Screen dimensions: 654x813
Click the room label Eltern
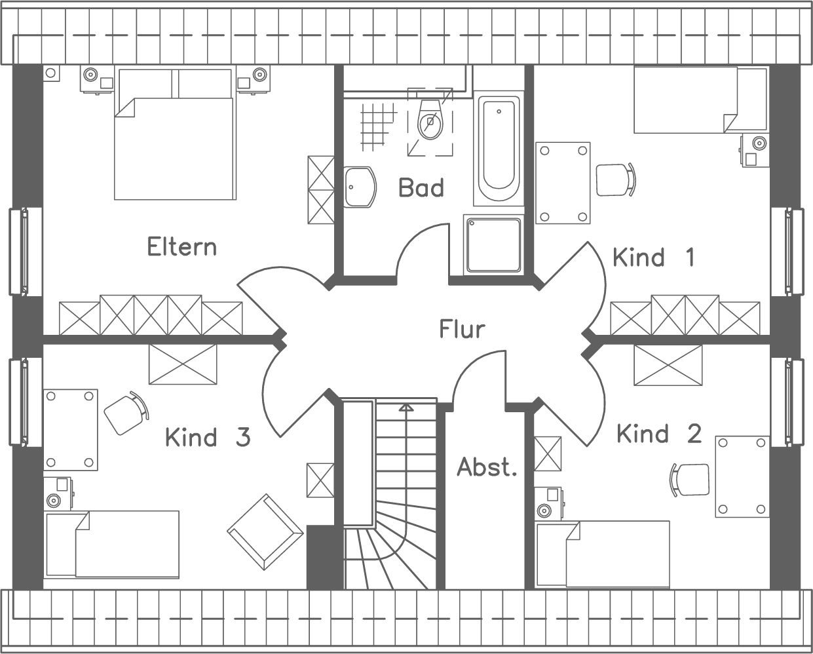pos(181,247)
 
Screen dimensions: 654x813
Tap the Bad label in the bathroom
pos(421,188)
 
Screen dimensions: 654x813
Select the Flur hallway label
pos(462,329)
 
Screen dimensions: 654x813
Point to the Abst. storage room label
pos(487,467)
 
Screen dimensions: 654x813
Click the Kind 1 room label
pos(653,258)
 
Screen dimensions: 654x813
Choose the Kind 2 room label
pos(658,434)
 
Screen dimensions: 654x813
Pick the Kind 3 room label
pos(207,437)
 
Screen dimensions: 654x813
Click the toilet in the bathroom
pos(430,120)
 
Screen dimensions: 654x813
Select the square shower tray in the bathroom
pos(493,244)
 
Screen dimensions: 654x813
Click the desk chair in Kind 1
pos(615,178)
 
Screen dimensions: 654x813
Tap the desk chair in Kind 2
pos(690,480)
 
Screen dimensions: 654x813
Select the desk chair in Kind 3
pos(124,413)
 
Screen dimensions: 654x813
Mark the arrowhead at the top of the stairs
pos(406,408)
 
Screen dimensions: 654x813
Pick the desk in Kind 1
pos(563,183)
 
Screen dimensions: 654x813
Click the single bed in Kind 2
pos(603,554)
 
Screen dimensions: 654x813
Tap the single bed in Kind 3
pos(112,545)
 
